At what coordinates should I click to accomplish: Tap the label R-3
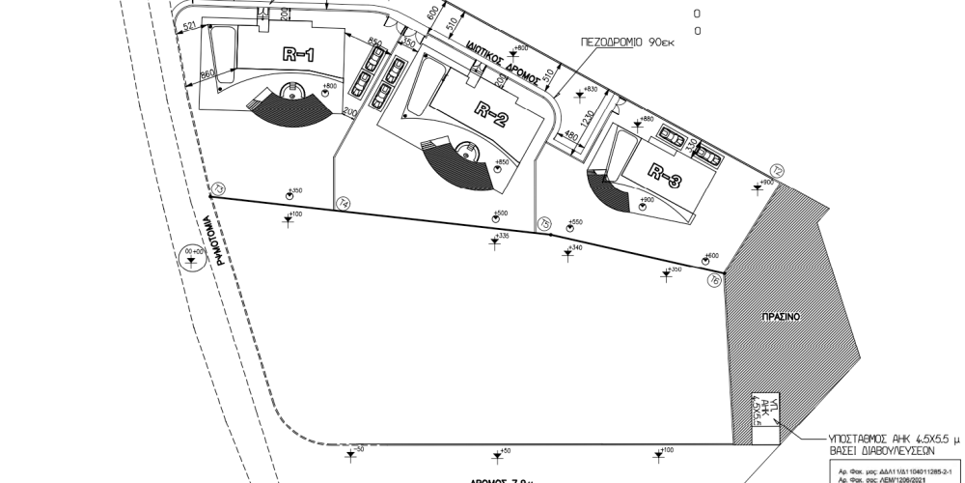[664, 176]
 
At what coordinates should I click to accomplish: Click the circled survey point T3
[219, 188]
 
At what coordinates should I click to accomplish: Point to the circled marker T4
[344, 202]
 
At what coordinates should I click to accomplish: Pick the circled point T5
[545, 223]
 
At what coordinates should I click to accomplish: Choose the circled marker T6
[714, 279]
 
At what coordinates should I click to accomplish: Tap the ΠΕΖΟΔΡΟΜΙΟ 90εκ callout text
[633, 43]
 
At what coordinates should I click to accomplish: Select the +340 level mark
[575, 248]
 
